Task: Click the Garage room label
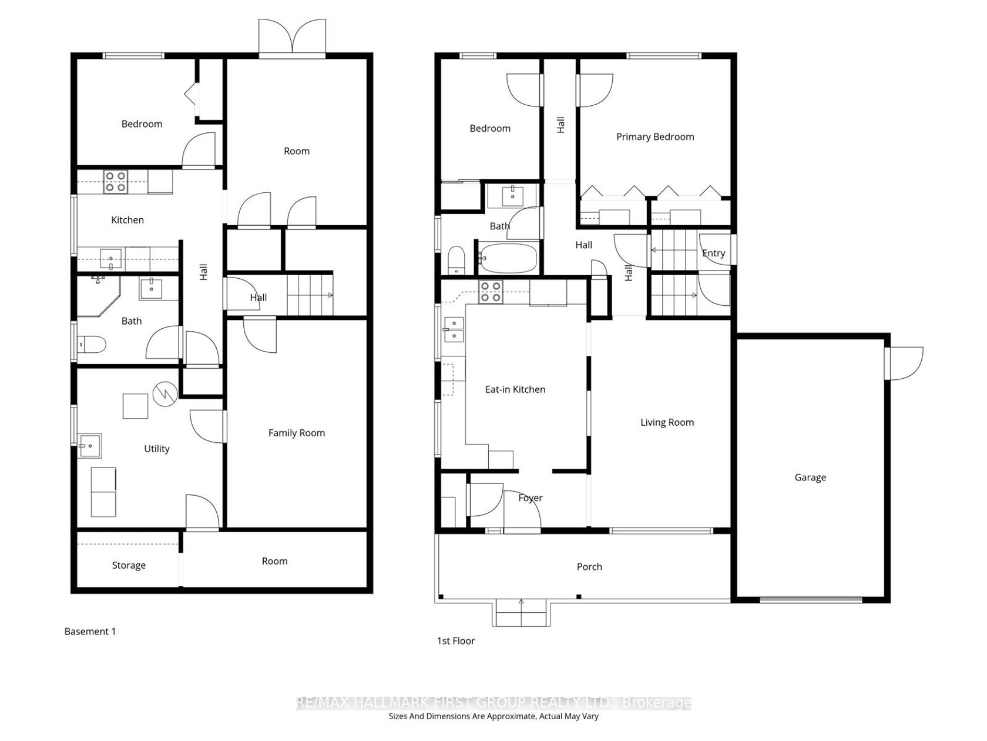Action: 810,478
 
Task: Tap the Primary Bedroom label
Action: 654,137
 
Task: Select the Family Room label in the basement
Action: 296,433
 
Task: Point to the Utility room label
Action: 156,449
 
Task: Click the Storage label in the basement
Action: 129,565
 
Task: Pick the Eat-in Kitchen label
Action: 515,389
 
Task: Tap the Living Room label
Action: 667,422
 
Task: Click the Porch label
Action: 589,567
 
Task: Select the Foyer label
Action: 530,498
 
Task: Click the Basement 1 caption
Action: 90,631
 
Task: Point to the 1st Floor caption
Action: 455,640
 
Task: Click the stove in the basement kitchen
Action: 116,182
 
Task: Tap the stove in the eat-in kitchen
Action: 490,292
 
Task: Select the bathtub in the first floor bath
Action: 508,258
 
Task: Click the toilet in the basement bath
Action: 91,345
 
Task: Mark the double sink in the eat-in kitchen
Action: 454,330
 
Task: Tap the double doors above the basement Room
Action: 292,38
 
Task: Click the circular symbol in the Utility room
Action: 165,394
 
